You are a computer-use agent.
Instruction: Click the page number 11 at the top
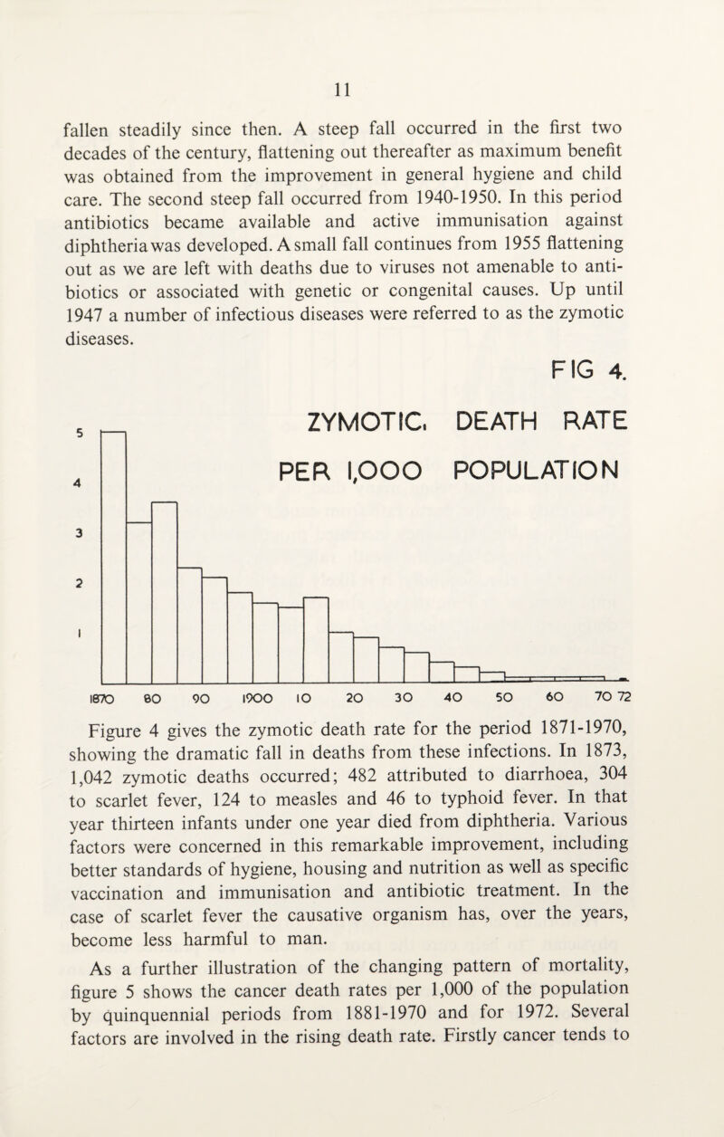[362, 90]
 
